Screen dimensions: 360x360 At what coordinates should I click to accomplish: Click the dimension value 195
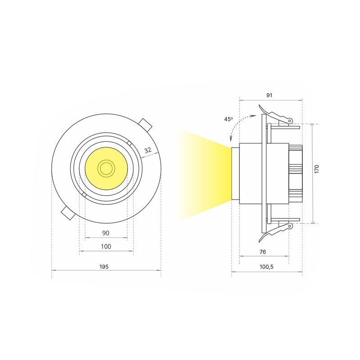click(104, 266)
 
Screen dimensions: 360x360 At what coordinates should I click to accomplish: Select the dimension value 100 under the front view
click(106, 247)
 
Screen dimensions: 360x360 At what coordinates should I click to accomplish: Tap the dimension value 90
click(106, 233)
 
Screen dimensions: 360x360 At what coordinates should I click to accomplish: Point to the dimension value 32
click(148, 150)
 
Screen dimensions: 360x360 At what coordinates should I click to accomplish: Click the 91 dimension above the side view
click(269, 95)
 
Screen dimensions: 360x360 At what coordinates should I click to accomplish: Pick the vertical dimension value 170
click(317, 169)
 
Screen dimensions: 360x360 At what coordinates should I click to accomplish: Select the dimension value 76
click(263, 252)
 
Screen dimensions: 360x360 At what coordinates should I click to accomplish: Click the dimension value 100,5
click(266, 267)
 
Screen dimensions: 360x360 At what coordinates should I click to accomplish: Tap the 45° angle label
click(229, 119)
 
